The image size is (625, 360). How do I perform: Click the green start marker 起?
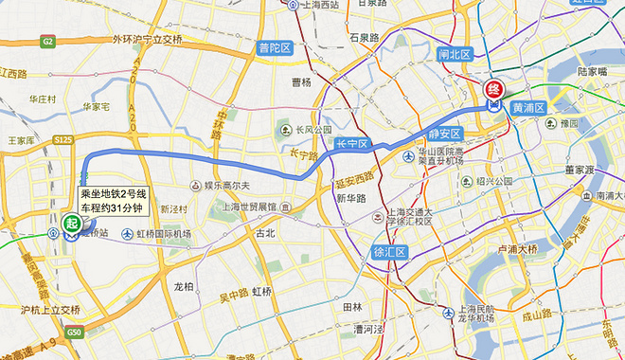tap(71, 224)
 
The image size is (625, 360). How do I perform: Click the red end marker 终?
tap(493, 91)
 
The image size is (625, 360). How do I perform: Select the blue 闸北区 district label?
tap(455, 54)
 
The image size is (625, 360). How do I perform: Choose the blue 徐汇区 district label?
tap(387, 252)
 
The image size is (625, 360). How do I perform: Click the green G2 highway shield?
tap(47, 41)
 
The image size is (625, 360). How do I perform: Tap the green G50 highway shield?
tap(74, 333)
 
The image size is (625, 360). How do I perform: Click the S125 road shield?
tap(63, 140)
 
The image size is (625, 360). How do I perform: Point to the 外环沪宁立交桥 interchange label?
tap(146, 40)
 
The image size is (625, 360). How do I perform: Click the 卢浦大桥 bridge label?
tap(516, 249)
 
